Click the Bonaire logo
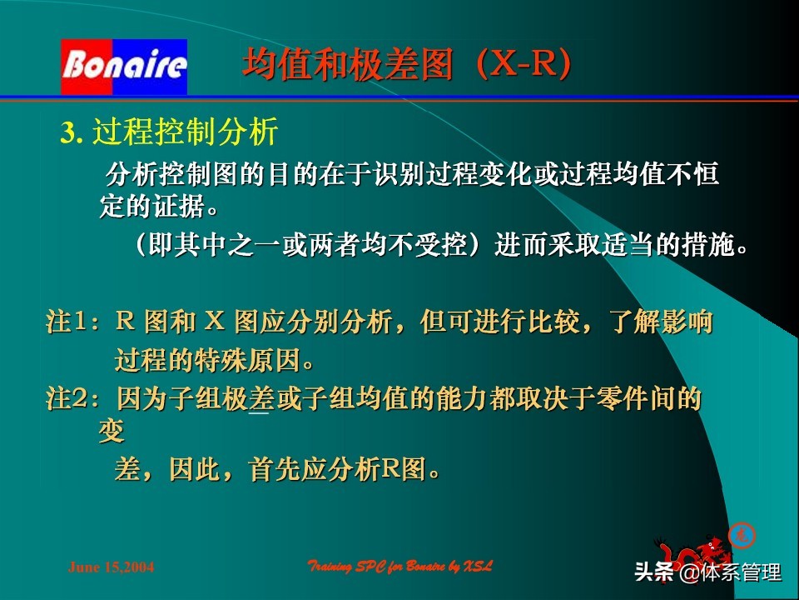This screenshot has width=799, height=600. point(124,66)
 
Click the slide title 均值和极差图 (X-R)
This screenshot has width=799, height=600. point(408,65)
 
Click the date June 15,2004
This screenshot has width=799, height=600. point(111,567)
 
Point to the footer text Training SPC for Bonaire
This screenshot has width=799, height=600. point(400,567)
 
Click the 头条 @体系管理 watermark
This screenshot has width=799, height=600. point(707,572)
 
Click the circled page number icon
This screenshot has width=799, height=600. point(741,534)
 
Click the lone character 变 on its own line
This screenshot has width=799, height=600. point(112,432)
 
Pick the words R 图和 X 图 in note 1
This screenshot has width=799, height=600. point(201,322)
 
